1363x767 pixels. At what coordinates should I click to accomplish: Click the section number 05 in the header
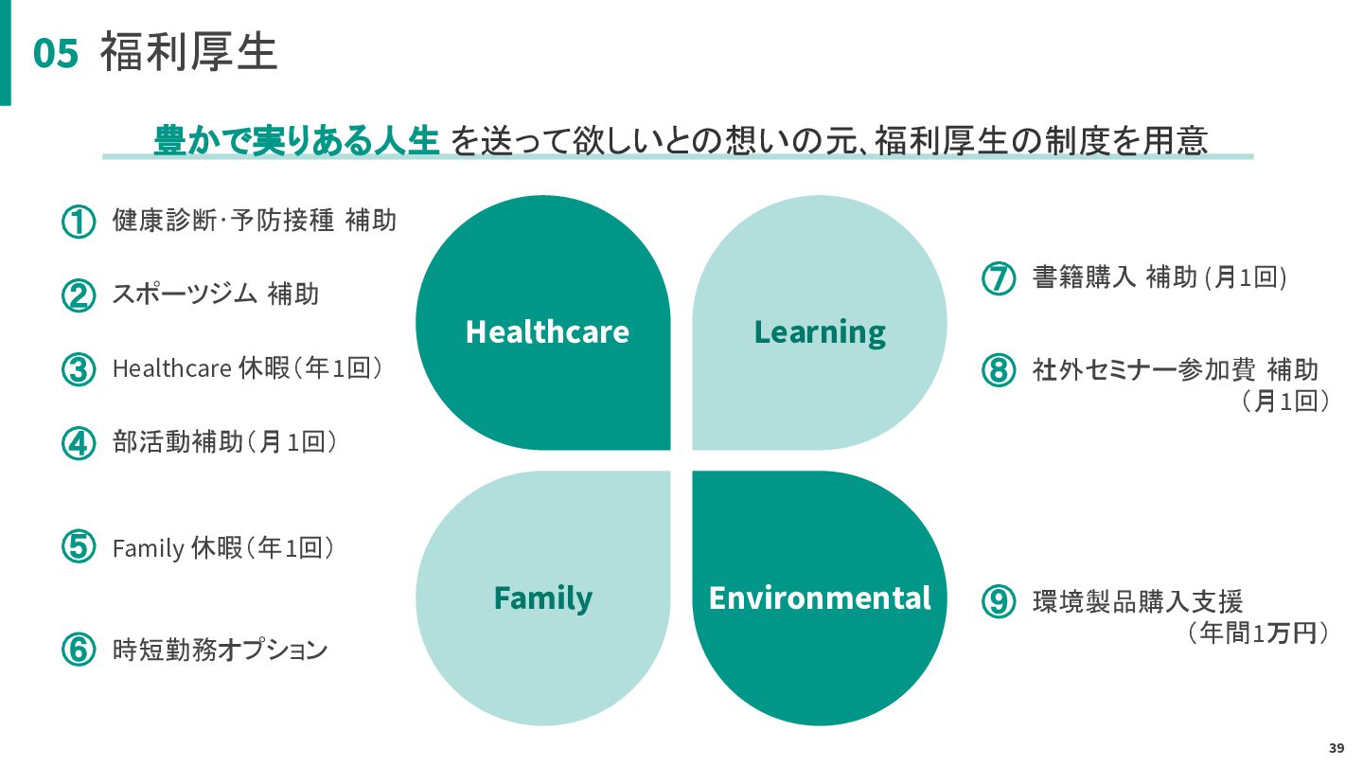click(55, 54)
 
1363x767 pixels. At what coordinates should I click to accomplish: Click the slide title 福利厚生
click(188, 52)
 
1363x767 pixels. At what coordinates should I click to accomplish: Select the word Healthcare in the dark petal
click(547, 331)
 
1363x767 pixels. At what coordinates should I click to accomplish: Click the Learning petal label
click(820, 331)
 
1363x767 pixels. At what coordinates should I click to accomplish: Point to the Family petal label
click(543, 598)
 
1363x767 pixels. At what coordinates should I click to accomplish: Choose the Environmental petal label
click(820, 598)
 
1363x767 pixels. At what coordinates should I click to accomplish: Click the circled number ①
click(79, 223)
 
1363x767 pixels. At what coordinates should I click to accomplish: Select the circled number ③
click(79, 369)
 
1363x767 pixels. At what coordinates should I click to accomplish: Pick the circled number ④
click(79, 442)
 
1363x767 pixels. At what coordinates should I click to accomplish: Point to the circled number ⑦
click(998, 278)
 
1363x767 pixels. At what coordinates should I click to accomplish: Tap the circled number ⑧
click(998, 369)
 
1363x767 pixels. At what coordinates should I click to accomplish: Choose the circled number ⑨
click(998, 602)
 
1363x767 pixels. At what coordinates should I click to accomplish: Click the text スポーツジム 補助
click(216, 294)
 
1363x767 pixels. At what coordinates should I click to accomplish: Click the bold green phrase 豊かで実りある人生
click(296, 140)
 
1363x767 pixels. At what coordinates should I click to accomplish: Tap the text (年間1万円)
click(1258, 634)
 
